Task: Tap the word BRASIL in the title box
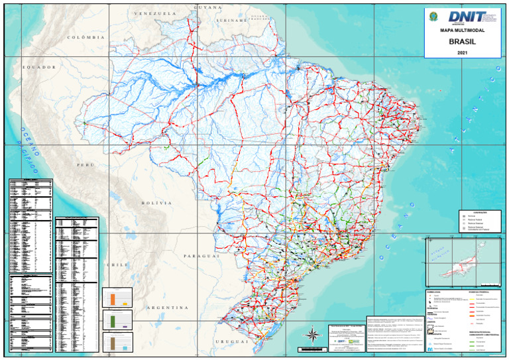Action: pos(462,40)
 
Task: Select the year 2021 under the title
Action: pos(462,52)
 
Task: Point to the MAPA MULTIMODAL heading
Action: pos(462,30)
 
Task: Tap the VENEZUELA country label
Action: pos(154,13)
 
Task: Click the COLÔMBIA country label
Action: pos(87,38)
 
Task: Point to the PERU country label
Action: pos(85,164)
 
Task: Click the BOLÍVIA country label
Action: pos(156,202)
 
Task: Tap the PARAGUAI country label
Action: pos(201,255)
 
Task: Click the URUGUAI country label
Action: pos(231,341)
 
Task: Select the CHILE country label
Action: pos(118,265)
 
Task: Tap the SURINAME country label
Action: pos(231,21)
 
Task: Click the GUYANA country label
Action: pos(207,7)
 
